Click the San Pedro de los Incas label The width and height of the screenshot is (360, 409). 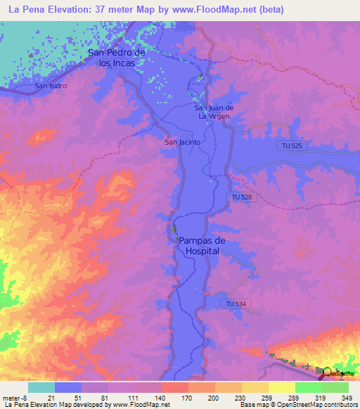116,57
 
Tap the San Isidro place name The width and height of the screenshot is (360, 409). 51,86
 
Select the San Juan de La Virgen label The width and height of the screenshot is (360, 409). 214,112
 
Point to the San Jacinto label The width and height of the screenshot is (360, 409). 183,142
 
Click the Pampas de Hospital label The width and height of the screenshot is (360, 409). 200,245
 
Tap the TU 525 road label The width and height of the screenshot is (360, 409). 290,145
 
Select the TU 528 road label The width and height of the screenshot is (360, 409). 240,197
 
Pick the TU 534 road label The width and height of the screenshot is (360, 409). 236,304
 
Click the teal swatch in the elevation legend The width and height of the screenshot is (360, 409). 41,387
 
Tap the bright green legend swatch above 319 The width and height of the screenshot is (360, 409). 308,387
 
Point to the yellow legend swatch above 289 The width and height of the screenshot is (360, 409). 281,387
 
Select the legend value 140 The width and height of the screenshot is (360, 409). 161,397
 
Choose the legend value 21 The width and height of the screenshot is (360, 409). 56,397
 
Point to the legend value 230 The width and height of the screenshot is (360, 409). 240,397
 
